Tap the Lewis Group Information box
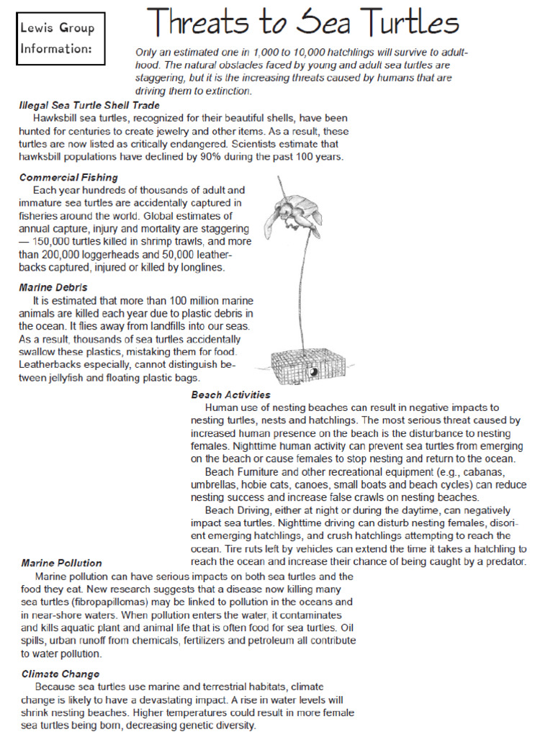tap(60, 39)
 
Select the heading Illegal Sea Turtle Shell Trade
tap(89, 105)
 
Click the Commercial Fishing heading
tap(68, 177)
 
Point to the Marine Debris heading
tap(53, 287)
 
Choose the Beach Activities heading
tap(230, 394)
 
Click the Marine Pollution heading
tap(61, 563)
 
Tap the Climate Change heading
tap(60, 674)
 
